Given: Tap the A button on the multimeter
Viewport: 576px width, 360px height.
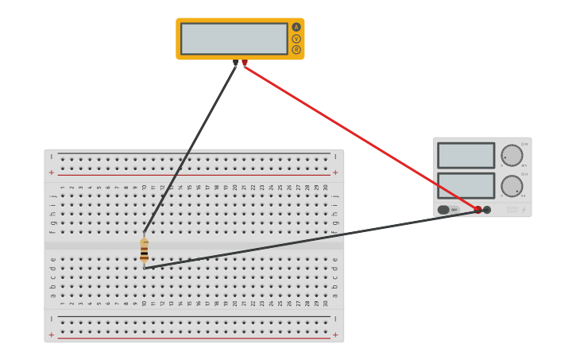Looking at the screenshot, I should pos(296,27).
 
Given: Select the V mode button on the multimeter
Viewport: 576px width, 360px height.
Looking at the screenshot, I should pos(296,38).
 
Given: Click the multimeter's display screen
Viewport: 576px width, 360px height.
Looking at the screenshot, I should pos(234,38).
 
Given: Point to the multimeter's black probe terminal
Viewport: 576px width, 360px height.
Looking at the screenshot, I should pos(236,62).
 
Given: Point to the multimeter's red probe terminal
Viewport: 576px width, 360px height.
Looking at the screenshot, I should pos(245,62).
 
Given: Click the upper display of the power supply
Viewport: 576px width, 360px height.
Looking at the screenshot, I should pos(466,155).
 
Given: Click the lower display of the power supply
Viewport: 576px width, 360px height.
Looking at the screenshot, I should pos(466,185).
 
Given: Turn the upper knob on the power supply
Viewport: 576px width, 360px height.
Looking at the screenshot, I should pos(512,156).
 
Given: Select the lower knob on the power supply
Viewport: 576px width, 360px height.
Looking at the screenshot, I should pos(512,186).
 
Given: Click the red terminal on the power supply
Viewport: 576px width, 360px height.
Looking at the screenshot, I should pos(477,210).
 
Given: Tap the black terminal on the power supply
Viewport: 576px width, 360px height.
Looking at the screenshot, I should pos(487,210).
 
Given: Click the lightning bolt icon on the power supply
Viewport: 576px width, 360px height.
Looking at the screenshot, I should pos(524,210).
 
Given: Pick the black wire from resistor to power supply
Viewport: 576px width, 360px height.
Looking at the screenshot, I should pos(310,239).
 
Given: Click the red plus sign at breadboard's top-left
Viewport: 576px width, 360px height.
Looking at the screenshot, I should pos(52,172).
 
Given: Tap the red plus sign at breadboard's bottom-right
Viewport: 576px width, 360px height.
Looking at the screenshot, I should pos(335,335).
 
